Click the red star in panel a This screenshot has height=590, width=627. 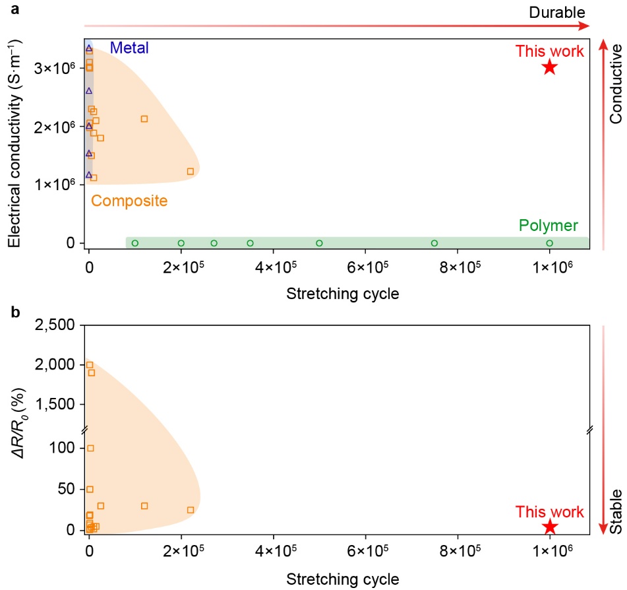[x=550, y=67]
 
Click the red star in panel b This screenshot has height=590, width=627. [x=550, y=526]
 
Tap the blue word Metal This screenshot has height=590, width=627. [x=129, y=48]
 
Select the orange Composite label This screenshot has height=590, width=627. [x=129, y=201]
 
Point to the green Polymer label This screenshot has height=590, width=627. [x=549, y=226]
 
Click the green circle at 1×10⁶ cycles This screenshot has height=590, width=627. [x=550, y=243]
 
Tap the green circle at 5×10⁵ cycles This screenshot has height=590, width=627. [x=319, y=243]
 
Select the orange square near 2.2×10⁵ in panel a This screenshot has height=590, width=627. [x=191, y=171]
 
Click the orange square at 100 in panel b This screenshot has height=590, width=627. [x=90, y=448]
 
